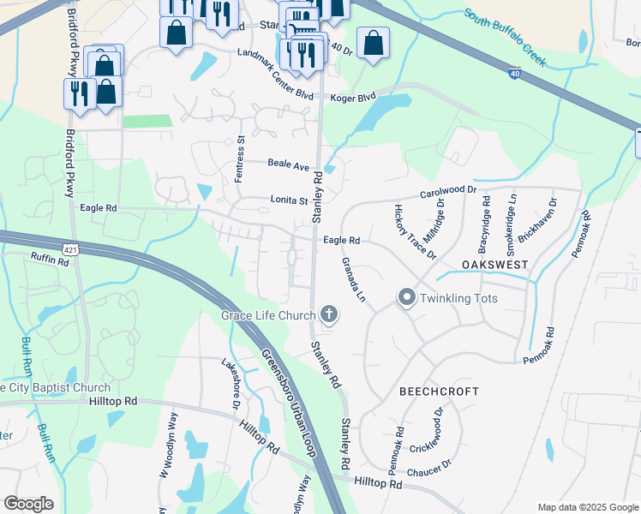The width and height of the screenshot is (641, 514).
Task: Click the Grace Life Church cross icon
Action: click(x=328, y=315)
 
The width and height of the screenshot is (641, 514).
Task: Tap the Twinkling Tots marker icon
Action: click(x=406, y=298)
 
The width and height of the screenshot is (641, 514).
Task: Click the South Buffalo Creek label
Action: click(x=505, y=38)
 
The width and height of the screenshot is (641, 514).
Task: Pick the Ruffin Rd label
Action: click(x=49, y=258)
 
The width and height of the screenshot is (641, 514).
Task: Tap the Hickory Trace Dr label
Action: click(x=416, y=231)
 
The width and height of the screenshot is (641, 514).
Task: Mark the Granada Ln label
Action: click(x=354, y=279)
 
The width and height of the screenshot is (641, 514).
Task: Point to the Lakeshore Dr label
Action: click(x=231, y=382)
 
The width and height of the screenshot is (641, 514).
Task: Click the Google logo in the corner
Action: click(x=28, y=504)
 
